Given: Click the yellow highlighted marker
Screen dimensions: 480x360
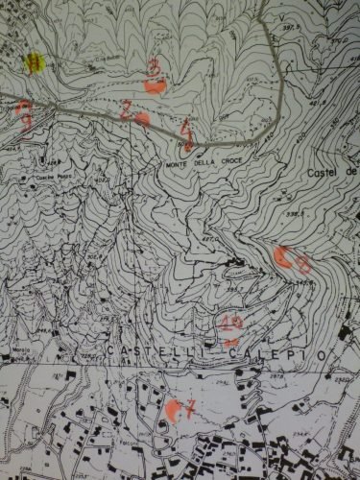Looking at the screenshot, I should (x=36, y=64).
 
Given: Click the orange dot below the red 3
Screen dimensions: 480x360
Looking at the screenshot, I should (x=156, y=85).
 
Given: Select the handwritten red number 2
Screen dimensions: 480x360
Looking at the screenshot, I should (x=127, y=108).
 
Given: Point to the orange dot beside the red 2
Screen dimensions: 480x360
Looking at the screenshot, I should (x=142, y=119).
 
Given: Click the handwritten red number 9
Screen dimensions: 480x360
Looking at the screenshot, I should (x=24, y=114).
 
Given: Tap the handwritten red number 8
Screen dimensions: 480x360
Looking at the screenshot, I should (x=300, y=260).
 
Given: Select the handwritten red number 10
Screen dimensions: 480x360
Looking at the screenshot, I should (x=230, y=323).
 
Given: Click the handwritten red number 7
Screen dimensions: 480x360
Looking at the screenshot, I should (x=189, y=407).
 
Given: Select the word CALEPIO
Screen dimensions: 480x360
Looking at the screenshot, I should (x=274, y=355).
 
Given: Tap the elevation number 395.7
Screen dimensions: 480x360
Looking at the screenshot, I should (x=233, y=285).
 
